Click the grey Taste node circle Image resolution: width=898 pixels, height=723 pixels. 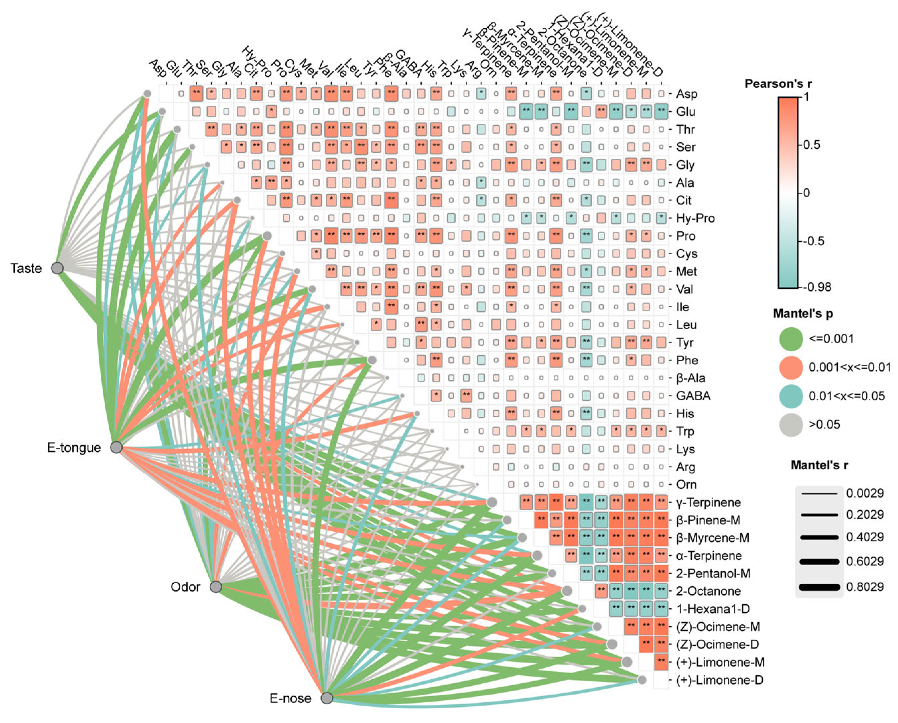pyautogui.click(x=57, y=268)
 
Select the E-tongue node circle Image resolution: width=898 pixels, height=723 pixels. pyautogui.click(x=116, y=447)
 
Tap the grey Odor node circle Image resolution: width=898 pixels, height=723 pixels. pyautogui.click(x=216, y=587)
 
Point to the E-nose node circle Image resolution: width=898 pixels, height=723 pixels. pyautogui.click(x=327, y=698)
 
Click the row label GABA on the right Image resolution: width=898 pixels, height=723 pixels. pyautogui.click(x=693, y=396)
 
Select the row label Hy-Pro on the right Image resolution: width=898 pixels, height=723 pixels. pyautogui.click(x=695, y=218)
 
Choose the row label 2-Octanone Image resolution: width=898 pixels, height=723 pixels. pyautogui.click(x=708, y=591)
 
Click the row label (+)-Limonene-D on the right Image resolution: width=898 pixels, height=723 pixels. pyautogui.click(x=720, y=680)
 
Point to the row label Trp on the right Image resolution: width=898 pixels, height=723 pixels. pyautogui.click(x=685, y=431)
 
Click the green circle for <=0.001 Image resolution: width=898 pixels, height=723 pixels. pyautogui.click(x=791, y=339)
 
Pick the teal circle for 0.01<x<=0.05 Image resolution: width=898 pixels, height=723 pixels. pyautogui.click(x=791, y=396)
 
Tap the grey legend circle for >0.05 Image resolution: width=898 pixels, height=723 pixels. pyautogui.click(x=791, y=425)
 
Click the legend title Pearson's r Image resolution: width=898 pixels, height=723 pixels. pyautogui.click(x=778, y=84)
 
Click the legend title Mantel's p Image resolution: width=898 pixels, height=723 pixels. pyautogui.click(x=803, y=313)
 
